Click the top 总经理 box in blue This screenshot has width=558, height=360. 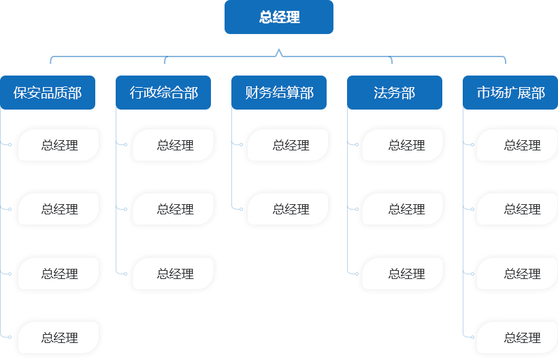point(279,17)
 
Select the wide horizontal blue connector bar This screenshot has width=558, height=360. point(278,56)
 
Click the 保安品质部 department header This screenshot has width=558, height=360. point(48,93)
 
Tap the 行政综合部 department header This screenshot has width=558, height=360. point(163,93)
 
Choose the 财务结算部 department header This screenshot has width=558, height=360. point(279,93)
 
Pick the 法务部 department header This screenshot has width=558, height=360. point(395,93)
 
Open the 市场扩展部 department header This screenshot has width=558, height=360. point(510,93)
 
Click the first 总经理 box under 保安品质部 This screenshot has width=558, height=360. point(59,145)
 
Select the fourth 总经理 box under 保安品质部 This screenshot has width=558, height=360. point(59,338)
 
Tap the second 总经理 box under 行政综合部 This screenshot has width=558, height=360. point(175,209)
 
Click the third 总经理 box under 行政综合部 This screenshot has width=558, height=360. point(175,274)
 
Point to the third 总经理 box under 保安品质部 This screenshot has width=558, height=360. point(59,274)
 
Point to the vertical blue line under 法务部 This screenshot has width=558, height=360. point(351,197)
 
